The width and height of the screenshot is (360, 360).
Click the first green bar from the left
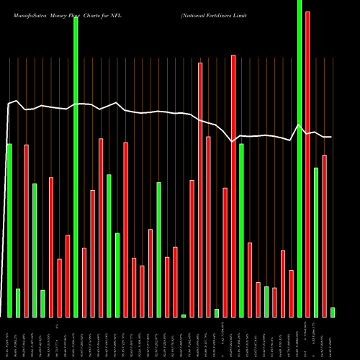pyautogui.click(x=9, y=230)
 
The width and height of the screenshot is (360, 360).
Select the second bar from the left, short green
pyautogui.click(x=18, y=302)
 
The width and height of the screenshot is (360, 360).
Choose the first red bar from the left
pyautogui.click(x=27, y=230)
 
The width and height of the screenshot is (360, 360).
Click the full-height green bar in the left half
pyautogui.click(x=76, y=166)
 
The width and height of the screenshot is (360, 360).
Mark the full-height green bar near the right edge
pyautogui.click(x=300, y=158)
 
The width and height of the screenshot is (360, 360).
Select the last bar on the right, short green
pyautogui.click(x=333, y=312)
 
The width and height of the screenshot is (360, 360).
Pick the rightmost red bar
pyautogui.click(x=325, y=235)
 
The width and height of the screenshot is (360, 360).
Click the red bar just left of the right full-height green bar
pyautogui.click(x=292, y=293)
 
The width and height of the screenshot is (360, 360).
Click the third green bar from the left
pyautogui.click(x=35, y=250)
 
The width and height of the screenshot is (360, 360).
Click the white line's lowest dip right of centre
pyautogui.click(x=233, y=142)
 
